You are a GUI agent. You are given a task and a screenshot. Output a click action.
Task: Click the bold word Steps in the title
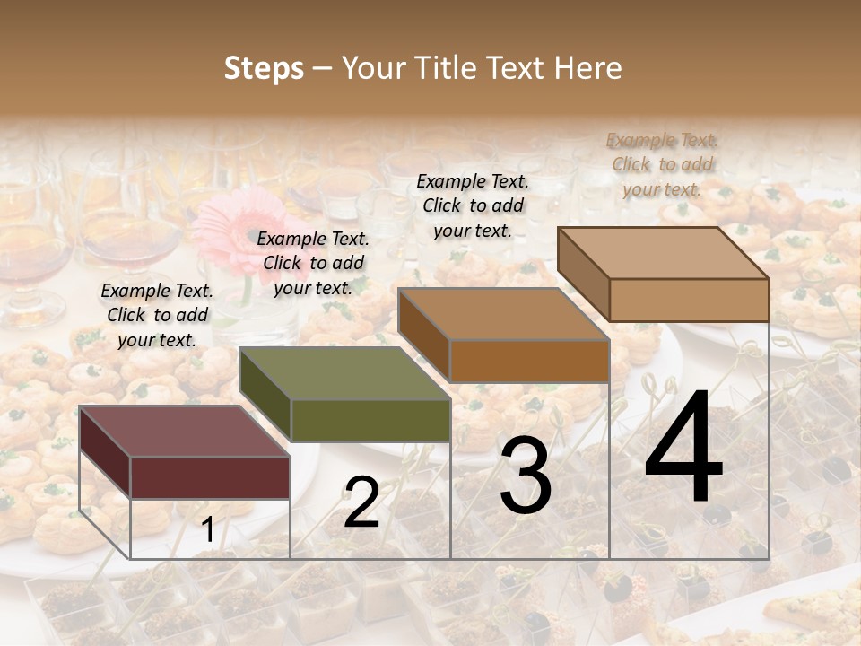point(264,68)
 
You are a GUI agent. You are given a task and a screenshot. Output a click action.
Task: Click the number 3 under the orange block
point(526,476)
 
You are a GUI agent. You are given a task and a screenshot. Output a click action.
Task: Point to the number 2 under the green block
point(361,502)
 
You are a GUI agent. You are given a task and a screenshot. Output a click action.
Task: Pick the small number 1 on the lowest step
point(207,530)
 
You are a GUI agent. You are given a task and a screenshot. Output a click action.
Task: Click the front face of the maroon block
point(210,477)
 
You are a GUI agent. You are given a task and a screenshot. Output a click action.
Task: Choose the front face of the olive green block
point(370,420)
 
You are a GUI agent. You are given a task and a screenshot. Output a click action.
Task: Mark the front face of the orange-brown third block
point(529,361)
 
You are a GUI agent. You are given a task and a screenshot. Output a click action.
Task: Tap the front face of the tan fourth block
point(689,300)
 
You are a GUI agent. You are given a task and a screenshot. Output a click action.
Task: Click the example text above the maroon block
point(157,315)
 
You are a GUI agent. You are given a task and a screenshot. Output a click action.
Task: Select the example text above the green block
point(313,263)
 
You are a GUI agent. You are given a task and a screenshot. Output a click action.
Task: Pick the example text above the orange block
point(473,205)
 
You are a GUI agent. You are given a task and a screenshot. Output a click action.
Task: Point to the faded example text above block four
point(662,164)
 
